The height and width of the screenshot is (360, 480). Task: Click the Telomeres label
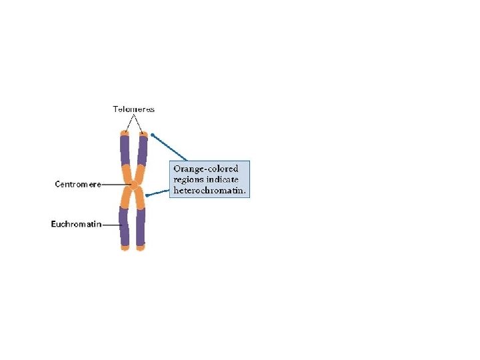click(133, 109)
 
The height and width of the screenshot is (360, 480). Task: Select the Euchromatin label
click(76, 225)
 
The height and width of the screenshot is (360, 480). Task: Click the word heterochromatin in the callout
click(209, 190)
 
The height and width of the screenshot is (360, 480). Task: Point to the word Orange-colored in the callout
click(205, 169)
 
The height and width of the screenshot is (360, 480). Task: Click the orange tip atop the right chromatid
click(143, 134)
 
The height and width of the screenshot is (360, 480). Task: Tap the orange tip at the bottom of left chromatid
click(125, 248)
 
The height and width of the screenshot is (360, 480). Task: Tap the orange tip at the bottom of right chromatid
click(141, 248)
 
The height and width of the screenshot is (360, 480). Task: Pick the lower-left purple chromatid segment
click(123, 226)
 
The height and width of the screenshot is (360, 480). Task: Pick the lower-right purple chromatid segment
click(141, 227)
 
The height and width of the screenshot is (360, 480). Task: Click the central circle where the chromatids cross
click(133, 185)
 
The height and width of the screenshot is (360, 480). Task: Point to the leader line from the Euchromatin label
click(111, 225)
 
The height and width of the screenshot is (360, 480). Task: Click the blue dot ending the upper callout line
click(153, 135)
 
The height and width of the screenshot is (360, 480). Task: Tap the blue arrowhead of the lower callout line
click(148, 195)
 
